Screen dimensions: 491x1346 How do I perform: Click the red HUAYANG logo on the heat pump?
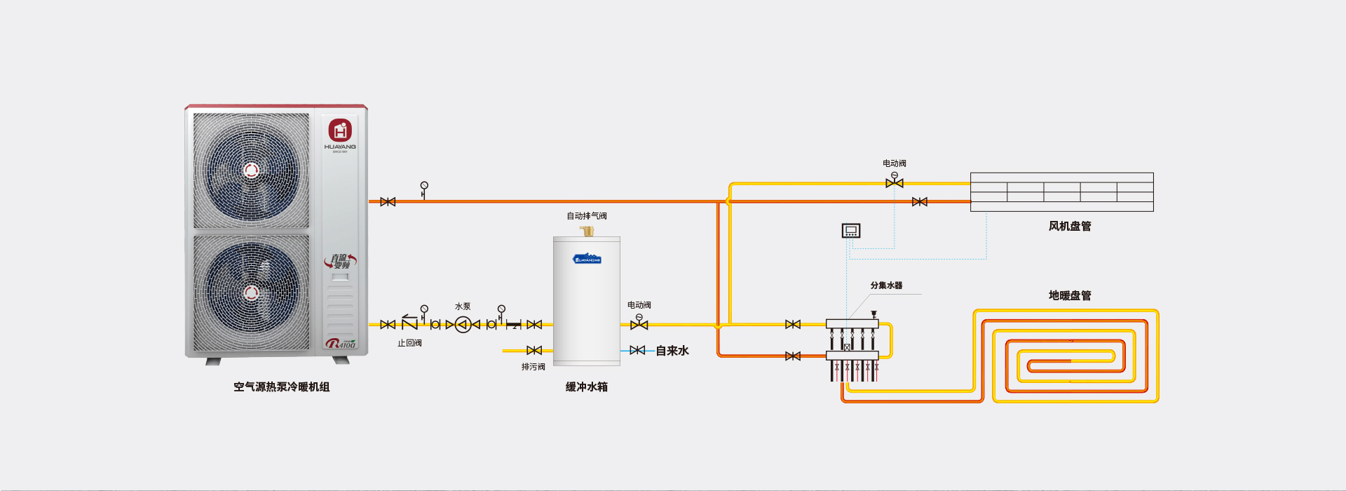pyautogui.click(x=340, y=130)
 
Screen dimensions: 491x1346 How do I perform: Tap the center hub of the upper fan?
pyautogui.click(x=251, y=170)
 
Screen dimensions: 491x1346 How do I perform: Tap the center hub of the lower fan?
pyautogui.click(x=251, y=292)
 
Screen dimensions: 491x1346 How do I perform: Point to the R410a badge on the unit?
pyautogui.click(x=341, y=344)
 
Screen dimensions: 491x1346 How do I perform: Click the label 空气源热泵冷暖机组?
pyautogui.click(x=281, y=387)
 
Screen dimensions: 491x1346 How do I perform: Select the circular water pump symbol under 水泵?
pyautogui.click(x=463, y=325)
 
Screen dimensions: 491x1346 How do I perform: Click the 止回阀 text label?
pyautogui.click(x=409, y=343)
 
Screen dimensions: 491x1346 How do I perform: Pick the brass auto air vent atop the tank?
pyautogui.click(x=587, y=231)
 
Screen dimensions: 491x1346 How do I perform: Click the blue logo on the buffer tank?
pyautogui.click(x=587, y=259)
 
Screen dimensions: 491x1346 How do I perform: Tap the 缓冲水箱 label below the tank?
pyautogui.click(x=587, y=387)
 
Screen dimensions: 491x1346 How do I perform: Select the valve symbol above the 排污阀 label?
pyautogui.click(x=534, y=350)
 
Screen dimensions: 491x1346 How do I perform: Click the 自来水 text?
pyautogui.click(x=672, y=351)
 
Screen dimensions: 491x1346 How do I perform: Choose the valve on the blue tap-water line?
pyautogui.click(x=637, y=350)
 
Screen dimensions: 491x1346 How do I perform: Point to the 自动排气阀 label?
pyautogui.click(x=587, y=216)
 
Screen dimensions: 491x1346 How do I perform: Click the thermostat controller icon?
pyautogui.click(x=851, y=231)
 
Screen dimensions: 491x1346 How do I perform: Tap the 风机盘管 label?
pyautogui.click(x=1070, y=226)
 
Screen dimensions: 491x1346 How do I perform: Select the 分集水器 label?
pyautogui.click(x=886, y=285)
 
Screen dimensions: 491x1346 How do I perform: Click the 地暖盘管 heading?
pyautogui.click(x=1070, y=295)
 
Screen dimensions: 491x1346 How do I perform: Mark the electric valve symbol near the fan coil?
pyautogui.click(x=895, y=181)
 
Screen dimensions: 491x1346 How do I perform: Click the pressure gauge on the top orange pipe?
pyautogui.click(x=424, y=187)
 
